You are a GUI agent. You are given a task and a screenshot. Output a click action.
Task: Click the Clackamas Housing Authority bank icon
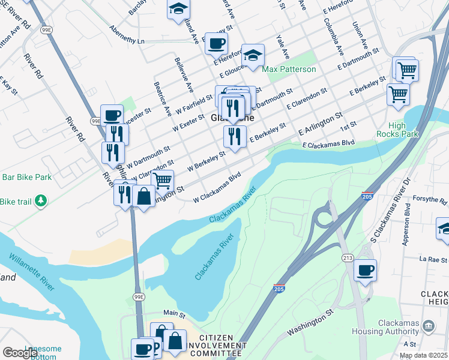(429, 326)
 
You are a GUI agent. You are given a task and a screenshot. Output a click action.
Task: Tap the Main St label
(175, 313)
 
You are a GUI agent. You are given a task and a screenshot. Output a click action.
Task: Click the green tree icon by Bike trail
(40, 200)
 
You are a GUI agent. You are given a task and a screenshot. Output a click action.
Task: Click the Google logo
(20, 353)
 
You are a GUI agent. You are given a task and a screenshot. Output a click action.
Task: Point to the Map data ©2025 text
(423, 355)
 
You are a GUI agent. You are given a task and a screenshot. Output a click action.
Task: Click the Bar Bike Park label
(26, 178)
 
